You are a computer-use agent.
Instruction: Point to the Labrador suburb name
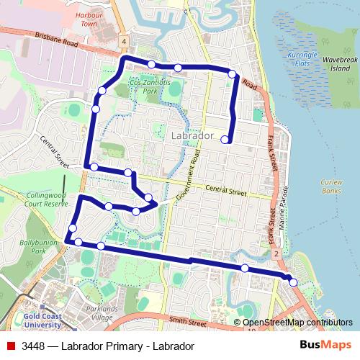pyautogui.click(x=194, y=135)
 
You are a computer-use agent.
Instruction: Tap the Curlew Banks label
pyautogui.click(x=332, y=186)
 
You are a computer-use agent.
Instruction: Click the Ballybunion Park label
pyautogui.click(x=33, y=247)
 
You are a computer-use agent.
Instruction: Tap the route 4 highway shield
pyautogui.click(x=125, y=42)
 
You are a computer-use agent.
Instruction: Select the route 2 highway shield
pyautogui.click(x=276, y=254)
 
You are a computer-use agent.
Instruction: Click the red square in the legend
pyautogui.click(x=10, y=346)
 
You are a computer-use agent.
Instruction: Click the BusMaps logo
pyautogui.click(x=325, y=346)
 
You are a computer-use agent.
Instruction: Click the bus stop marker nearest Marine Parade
pyautogui.click(x=293, y=283)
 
